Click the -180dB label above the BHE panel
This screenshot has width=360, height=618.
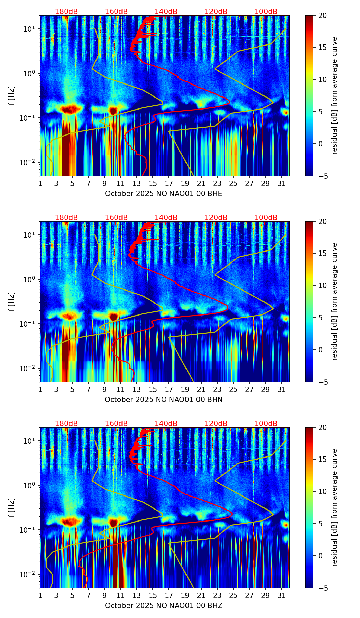(x=65, y=12)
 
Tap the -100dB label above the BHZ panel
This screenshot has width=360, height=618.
(x=265, y=424)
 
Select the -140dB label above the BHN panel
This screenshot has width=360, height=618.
(x=165, y=218)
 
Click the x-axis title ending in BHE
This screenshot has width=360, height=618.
(x=164, y=194)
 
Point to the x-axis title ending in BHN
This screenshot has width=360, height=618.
(x=164, y=400)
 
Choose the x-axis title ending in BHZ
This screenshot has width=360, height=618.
(x=164, y=606)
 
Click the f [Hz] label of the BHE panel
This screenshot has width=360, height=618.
(x=12, y=96)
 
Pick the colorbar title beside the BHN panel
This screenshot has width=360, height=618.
(x=334, y=301)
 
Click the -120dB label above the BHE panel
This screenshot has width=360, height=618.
(x=215, y=12)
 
